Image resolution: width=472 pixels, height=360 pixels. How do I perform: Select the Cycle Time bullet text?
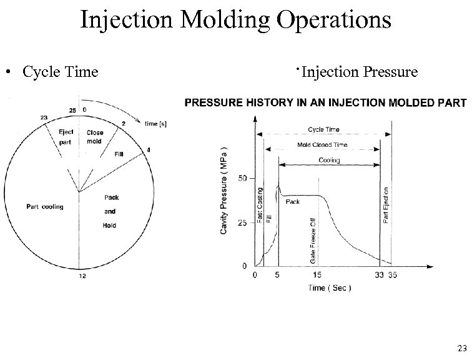pos(60,72)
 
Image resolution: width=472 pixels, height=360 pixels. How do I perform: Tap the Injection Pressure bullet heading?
pos(358,72)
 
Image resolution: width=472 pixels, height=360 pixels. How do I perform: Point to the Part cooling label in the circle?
pos(44,207)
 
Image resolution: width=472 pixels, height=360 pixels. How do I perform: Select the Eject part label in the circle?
pos(66,136)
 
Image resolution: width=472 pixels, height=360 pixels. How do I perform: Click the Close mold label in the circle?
pos(95,136)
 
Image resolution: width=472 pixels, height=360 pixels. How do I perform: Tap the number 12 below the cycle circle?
pos(82,277)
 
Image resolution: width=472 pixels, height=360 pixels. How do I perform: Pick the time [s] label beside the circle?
pos(155,124)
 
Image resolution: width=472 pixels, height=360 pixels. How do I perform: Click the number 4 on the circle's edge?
pos(149,149)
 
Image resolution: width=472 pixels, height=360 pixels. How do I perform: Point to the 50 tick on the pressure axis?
pos(242,179)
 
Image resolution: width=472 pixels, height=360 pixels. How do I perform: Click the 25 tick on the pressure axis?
pos(242,222)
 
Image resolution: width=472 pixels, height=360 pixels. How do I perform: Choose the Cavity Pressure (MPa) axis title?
pos(225,191)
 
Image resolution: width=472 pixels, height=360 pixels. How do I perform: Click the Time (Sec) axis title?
pos(329,288)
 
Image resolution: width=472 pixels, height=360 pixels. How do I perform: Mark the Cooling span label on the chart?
pos(329,161)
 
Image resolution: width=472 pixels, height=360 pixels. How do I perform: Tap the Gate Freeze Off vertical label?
pos(312,240)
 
